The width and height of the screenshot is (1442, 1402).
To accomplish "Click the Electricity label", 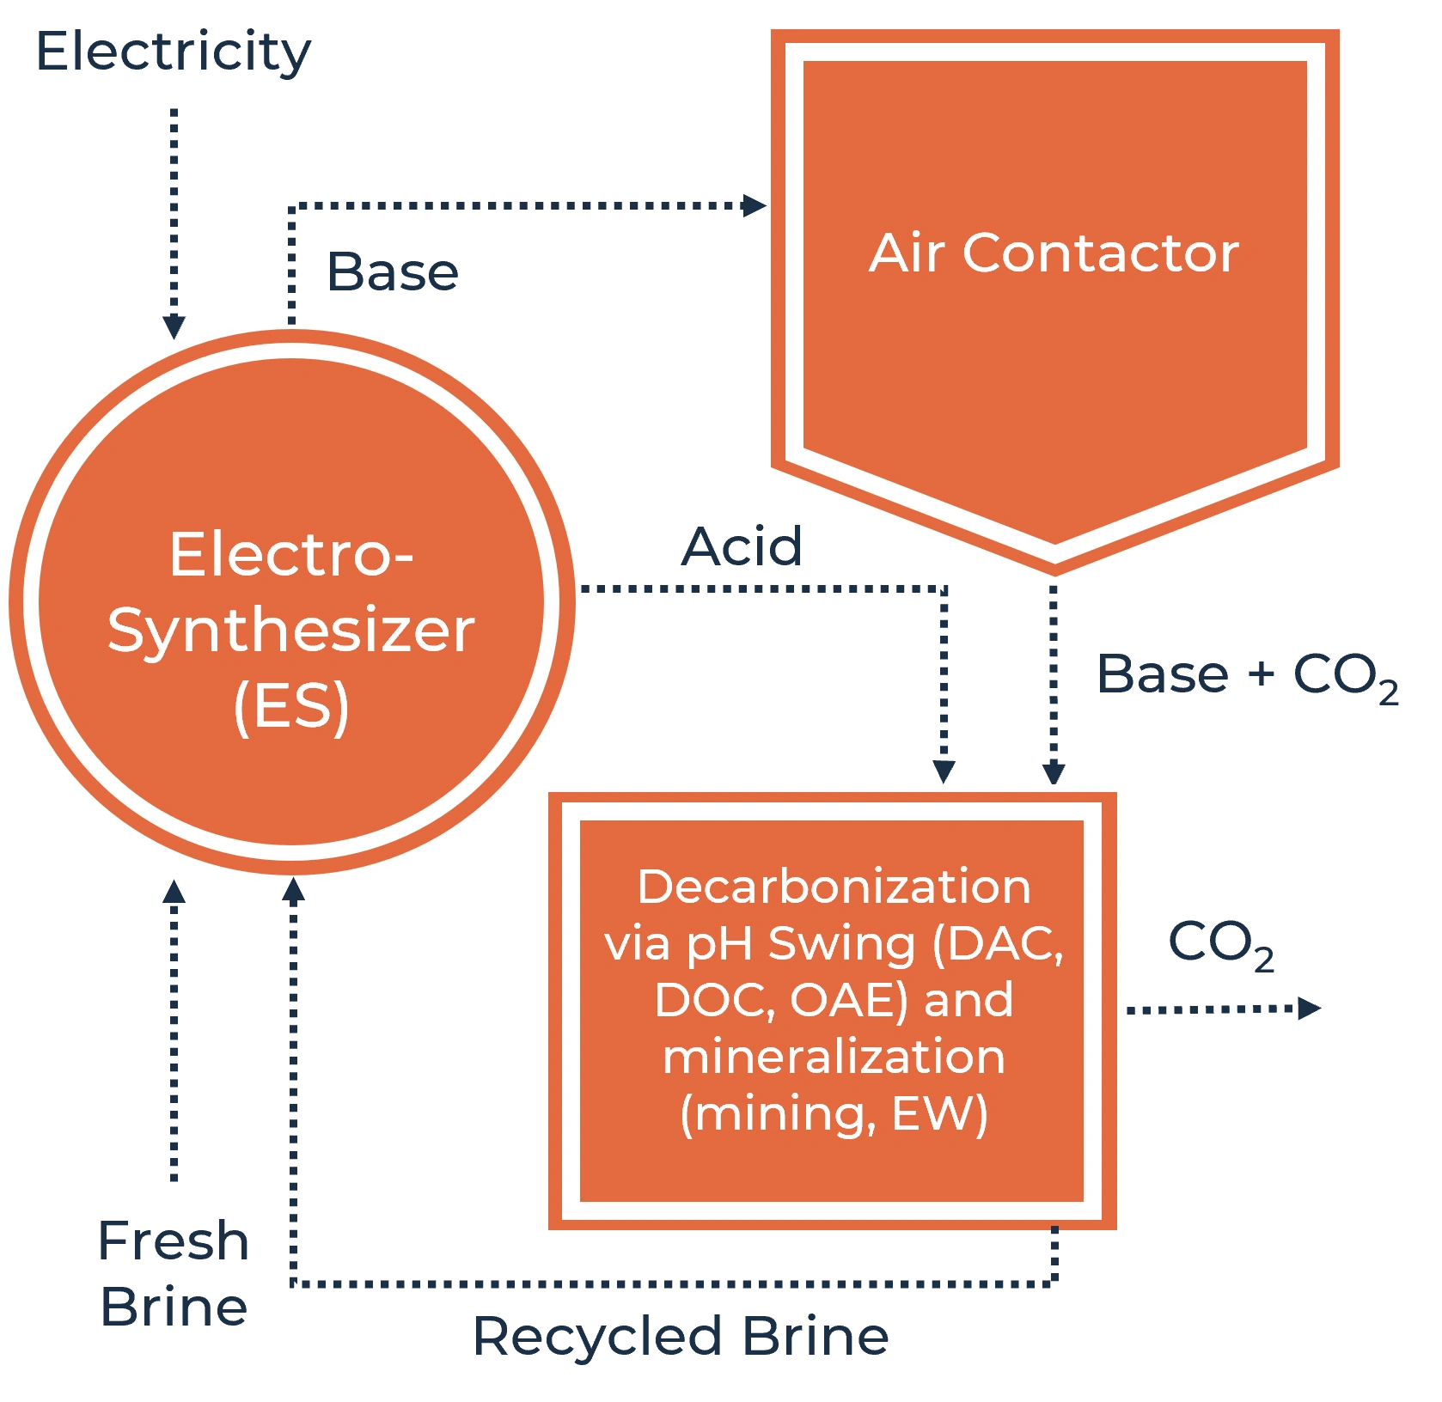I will [172, 53].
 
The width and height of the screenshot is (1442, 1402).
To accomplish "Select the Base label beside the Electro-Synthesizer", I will [394, 274].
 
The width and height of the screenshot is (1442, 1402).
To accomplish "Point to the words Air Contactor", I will [1054, 253].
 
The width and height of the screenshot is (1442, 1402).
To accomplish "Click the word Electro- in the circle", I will [291, 555].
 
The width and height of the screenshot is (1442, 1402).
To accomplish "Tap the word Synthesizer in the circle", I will [291, 631].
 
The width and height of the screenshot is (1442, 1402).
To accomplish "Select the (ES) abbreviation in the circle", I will [291, 706].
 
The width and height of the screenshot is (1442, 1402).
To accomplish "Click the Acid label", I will [743, 546].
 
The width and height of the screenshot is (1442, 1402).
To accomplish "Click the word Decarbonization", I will [834, 887].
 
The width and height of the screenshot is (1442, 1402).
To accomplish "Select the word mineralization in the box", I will [834, 1057].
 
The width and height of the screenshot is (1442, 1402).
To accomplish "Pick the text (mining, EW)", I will [834, 1114].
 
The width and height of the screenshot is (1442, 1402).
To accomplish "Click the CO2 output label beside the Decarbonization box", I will [1221, 942].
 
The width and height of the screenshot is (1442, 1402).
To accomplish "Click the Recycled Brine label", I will [681, 1338].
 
